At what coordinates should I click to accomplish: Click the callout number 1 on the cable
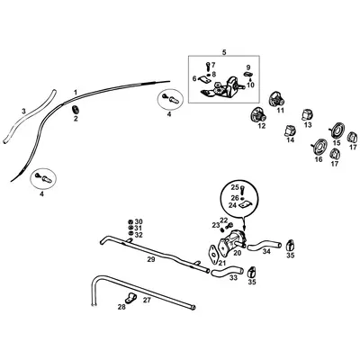pos(76,93)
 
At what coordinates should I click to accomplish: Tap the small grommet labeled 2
pos(75,109)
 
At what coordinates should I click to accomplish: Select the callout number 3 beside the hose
pos(23,110)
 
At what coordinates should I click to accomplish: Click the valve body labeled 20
pos(237,240)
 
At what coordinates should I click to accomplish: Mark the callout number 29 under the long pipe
pos(151,258)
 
